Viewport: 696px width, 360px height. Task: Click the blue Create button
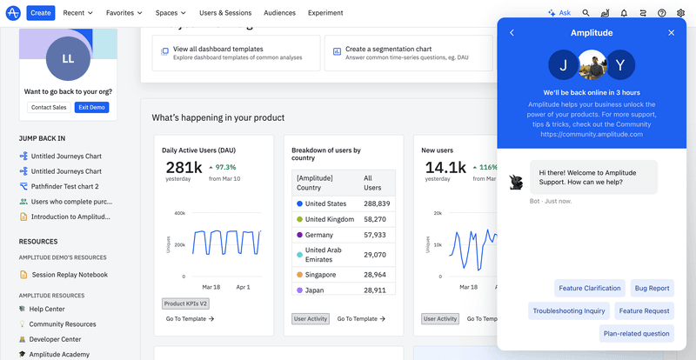(x=41, y=13)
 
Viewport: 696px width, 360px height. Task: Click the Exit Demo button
(x=91, y=107)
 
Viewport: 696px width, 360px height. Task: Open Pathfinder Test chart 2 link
(x=64, y=186)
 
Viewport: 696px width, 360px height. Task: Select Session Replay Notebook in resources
(x=70, y=275)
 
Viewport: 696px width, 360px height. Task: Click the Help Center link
(x=47, y=309)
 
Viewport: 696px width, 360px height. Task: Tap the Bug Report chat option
(x=652, y=288)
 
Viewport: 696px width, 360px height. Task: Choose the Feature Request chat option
(x=645, y=310)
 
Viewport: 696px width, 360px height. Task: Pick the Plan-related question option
(x=637, y=333)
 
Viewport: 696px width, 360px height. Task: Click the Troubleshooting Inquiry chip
(x=569, y=310)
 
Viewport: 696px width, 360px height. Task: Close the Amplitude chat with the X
(x=671, y=33)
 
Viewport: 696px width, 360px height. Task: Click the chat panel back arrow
(x=512, y=33)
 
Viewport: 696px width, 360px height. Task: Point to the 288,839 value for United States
(x=376, y=203)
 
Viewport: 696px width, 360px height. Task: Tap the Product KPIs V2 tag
(x=185, y=303)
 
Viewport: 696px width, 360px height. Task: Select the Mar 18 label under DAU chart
(x=211, y=287)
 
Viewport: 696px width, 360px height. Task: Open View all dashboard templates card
(x=217, y=49)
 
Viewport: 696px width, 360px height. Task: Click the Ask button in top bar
(x=559, y=13)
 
